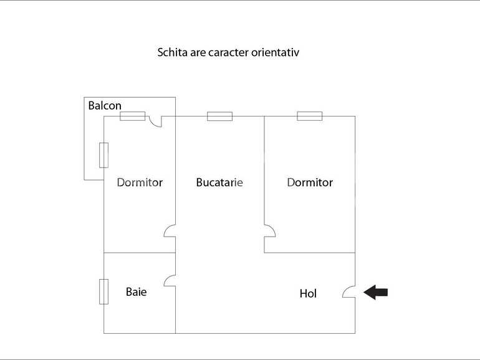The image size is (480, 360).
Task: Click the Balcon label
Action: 105,105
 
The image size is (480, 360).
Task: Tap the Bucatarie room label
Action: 219,182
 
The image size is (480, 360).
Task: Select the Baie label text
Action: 137,291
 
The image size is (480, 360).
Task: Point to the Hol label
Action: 308,293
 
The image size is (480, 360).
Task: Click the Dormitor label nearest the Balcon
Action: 140,182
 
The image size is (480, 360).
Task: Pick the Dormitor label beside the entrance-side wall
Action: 310,182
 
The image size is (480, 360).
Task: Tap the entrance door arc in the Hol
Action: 349,291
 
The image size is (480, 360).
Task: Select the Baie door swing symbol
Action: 170,280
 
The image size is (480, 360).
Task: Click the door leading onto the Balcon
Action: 156,121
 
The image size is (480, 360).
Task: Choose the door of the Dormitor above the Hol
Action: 269,231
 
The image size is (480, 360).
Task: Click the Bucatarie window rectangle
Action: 219,116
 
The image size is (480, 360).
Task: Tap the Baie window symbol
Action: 103,291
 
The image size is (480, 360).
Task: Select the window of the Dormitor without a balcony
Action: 309,116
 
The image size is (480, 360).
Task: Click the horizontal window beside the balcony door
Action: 132,116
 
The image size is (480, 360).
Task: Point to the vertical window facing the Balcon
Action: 103,155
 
